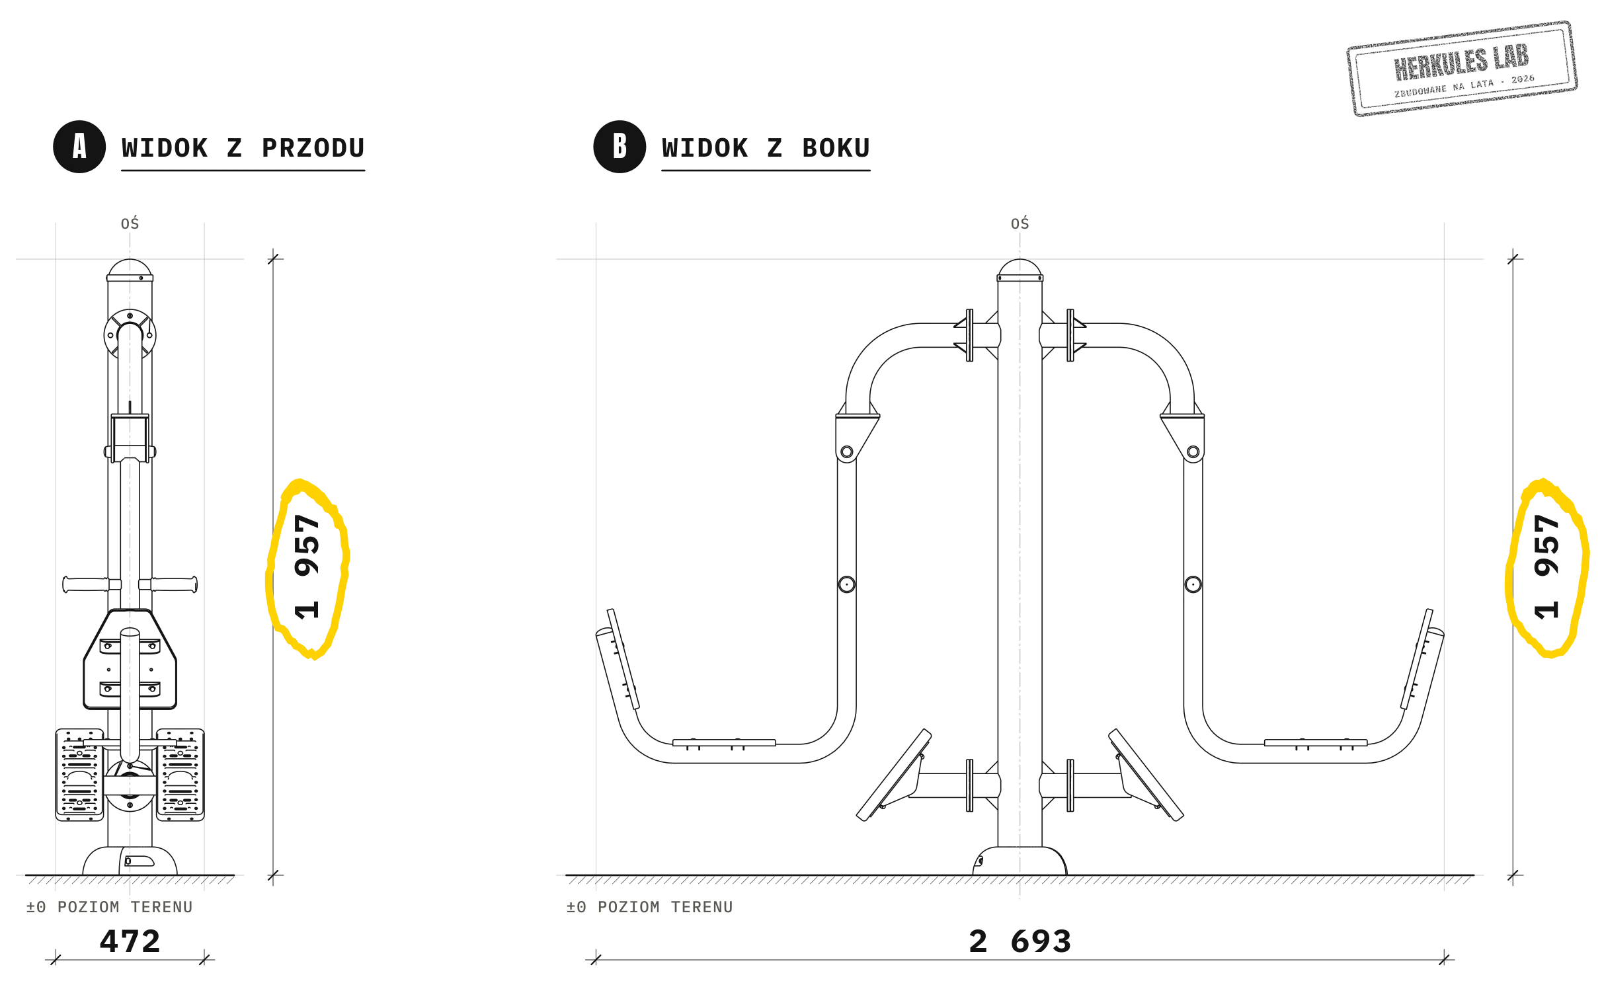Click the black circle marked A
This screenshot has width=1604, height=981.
[x=79, y=147]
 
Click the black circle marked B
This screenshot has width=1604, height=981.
[x=620, y=147]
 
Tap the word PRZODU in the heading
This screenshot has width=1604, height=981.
[x=313, y=148]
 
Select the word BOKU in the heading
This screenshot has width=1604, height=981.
[x=836, y=148]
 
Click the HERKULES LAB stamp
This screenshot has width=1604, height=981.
[x=1462, y=68]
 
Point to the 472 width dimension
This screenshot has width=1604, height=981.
[x=130, y=941]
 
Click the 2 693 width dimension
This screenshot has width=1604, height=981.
[x=1020, y=941]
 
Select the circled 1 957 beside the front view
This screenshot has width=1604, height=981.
[x=307, y=567]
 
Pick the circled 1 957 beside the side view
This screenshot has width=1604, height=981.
[x=1547, y=567]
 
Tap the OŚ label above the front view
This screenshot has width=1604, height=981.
[x=130, y=223]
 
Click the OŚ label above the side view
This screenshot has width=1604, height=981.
[x=1020, y=223]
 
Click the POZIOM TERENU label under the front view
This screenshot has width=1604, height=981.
[x=125, y=907]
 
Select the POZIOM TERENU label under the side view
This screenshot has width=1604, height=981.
[x=665, y=907]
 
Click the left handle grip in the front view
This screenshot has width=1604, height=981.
[x=86, y=584]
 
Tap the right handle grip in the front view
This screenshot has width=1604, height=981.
[x=174, y=584]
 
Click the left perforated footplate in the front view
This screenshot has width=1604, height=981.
[x=79, y=775]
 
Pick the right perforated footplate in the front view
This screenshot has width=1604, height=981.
[x=180, y=775]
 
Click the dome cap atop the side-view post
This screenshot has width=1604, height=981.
[x=1020, y=269]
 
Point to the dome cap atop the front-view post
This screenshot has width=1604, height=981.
[x=130, y=269]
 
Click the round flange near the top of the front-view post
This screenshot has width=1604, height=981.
[x=130, y=335]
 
